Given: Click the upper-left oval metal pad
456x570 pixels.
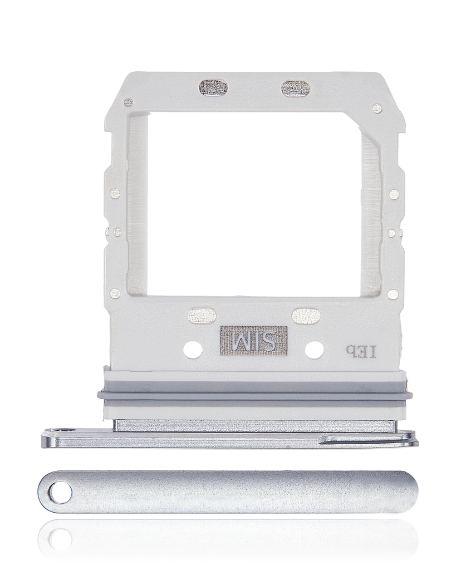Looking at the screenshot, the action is click(x=213, y=88).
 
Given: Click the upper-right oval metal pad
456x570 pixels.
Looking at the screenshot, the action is click(x=296, y=88).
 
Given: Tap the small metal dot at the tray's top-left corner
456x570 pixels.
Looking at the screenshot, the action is click(x=128, y=102).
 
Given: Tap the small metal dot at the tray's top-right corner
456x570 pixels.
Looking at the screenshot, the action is click(x=378, y=108).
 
